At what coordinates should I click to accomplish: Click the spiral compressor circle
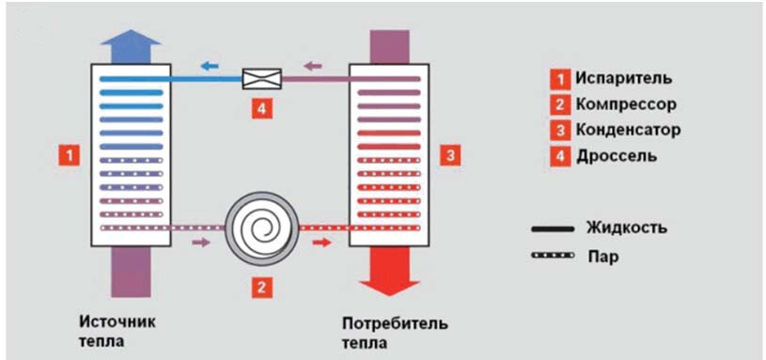(260, 228)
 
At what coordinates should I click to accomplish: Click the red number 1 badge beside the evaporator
(68, 153)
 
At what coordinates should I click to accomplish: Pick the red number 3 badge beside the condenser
(451, 153)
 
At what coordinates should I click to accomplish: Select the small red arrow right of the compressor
(321, 243)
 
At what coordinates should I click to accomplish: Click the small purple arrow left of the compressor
(201, 243)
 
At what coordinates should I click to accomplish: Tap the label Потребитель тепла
(395, 333)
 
